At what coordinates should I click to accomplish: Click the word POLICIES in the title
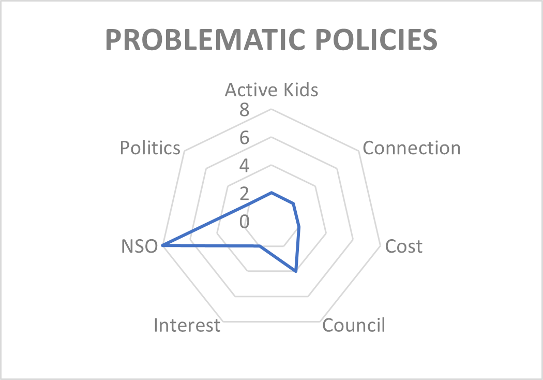(376, 39)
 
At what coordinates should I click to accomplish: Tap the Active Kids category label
(271, 90)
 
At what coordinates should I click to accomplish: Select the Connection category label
(412, 148)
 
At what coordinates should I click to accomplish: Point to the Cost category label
(404, 246)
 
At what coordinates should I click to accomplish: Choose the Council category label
(354, 325)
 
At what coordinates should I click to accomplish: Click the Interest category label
(187, 325)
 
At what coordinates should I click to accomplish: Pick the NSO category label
(139, 246)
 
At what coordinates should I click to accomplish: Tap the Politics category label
(150, 148)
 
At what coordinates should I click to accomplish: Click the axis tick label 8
(244, 110)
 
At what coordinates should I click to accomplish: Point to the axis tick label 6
(244, 138)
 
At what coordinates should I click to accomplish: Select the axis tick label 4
(244, 166)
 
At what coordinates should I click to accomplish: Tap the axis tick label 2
(244, 194)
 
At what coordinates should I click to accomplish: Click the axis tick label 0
(244, 221)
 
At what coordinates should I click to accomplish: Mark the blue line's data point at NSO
(163, 245)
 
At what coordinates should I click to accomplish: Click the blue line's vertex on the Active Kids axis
(271, 192)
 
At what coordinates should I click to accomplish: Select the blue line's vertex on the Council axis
(296, 271)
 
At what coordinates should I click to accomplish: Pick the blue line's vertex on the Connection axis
(293, 203)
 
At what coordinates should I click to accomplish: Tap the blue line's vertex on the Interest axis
(260, 246)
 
